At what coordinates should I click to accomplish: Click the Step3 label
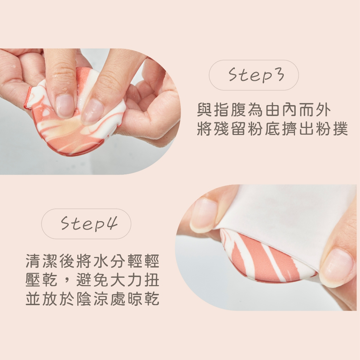coord(256,75)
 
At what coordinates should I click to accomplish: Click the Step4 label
coord(89,223)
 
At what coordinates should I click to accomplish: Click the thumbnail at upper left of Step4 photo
coord(203,215)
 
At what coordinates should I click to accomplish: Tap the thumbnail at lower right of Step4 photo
coord(336,268)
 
